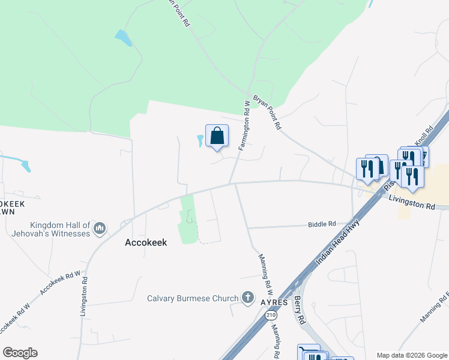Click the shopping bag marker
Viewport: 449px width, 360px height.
[217, 136]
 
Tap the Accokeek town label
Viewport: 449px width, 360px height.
[146, 242]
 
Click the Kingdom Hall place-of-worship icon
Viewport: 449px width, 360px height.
[100, 228]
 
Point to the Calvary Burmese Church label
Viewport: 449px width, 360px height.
[193, 298]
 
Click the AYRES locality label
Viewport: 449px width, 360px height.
[275, 302]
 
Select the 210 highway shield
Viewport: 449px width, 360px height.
[270, 315]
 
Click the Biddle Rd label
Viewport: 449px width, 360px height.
[322, 224]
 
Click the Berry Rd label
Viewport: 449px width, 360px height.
[298, 309]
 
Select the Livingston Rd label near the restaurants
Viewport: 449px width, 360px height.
[411, 202]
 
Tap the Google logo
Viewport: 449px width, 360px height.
[20, 352]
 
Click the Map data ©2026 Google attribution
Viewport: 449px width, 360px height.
[412, 355]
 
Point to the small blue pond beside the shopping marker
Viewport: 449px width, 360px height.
[200, 141]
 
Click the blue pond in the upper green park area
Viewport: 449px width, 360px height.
[123, 38]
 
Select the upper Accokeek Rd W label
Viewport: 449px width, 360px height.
[61, 284]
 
